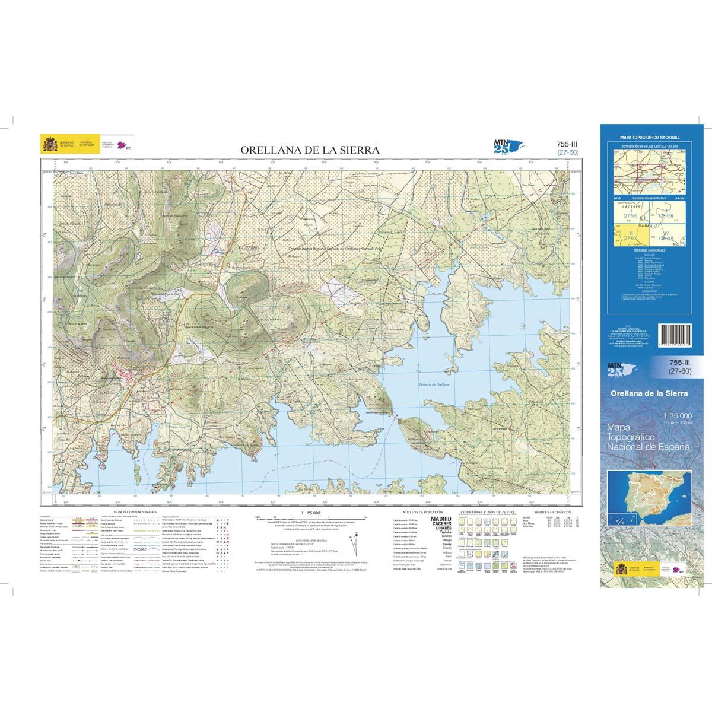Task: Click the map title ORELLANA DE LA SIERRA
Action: click(x=310, y=151)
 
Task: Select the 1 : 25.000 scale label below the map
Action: click(x=311, y=512)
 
